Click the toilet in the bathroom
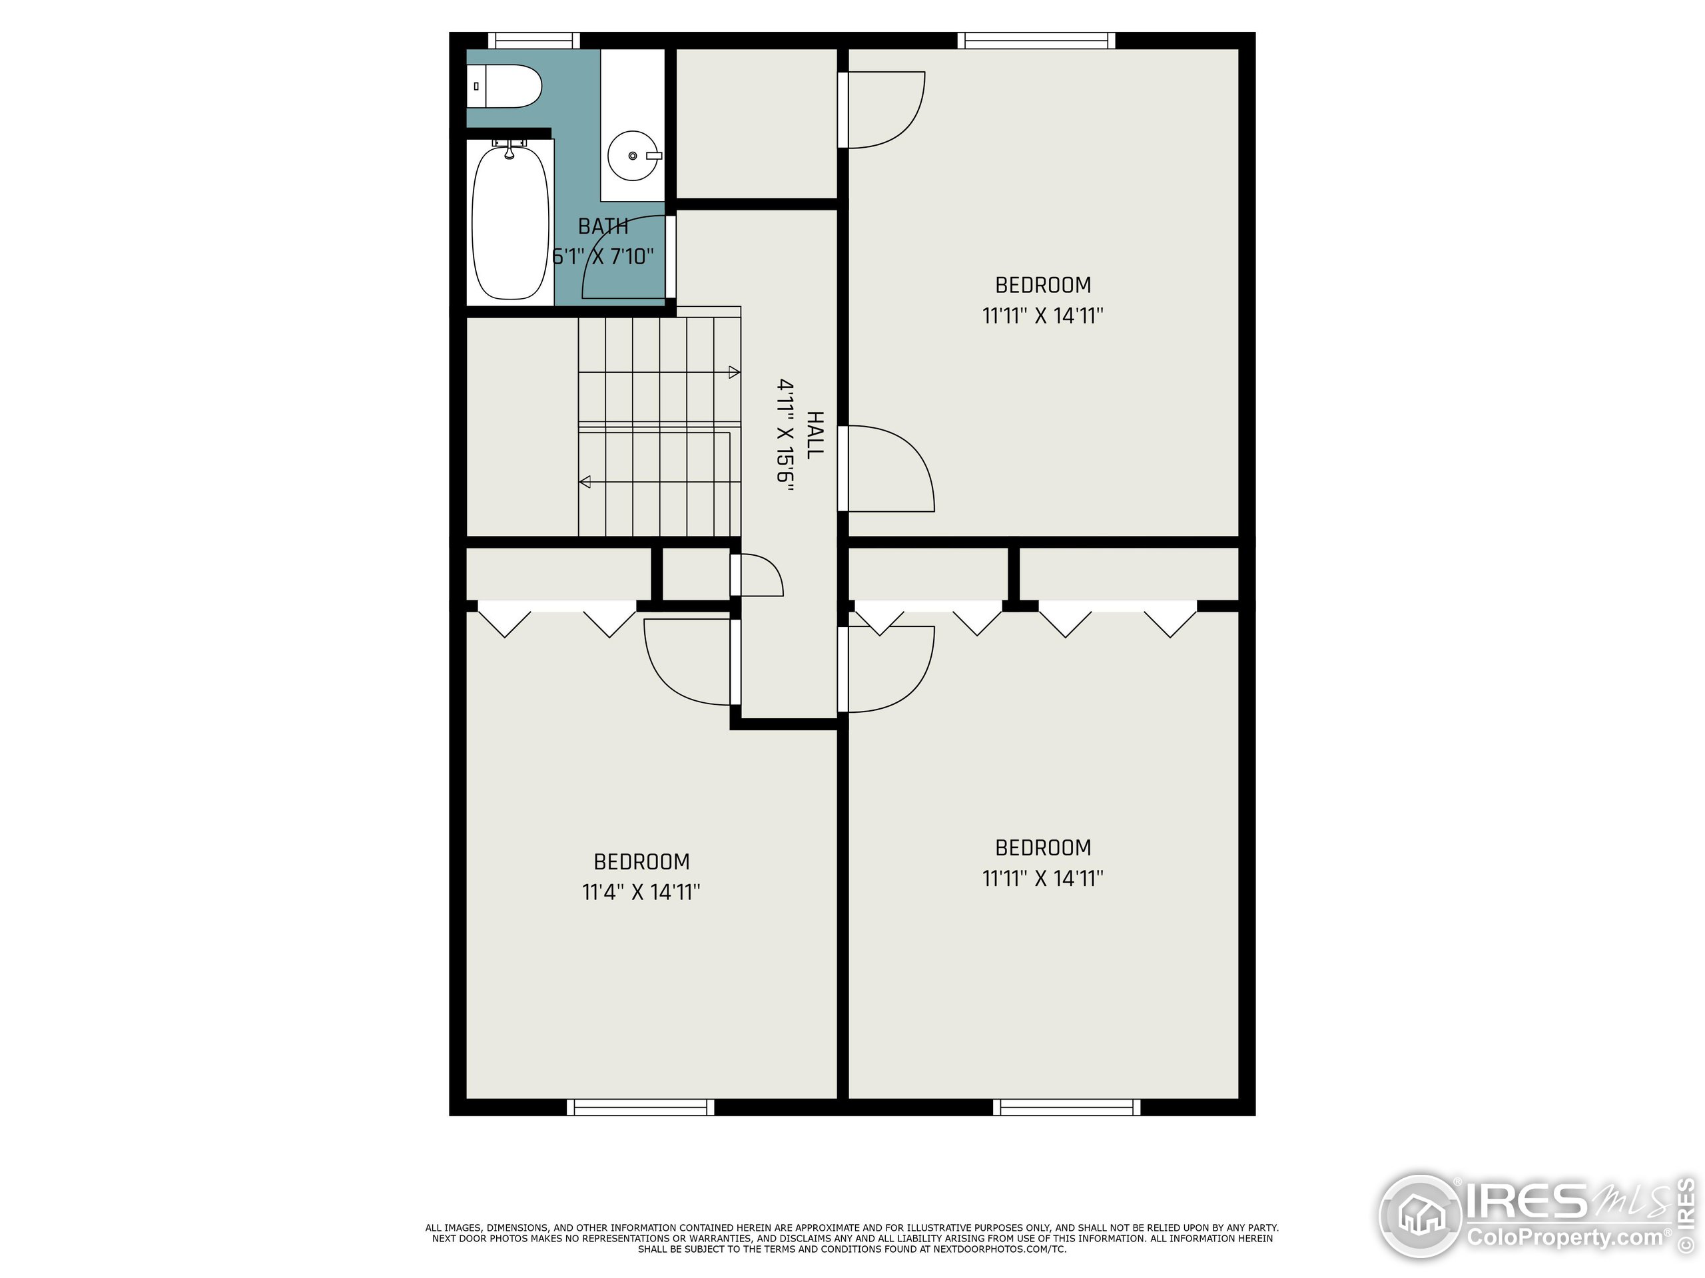point(506,87)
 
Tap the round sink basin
point(632,156)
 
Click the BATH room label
point(603,226)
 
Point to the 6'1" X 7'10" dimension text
point(603,256)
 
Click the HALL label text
point(814,435)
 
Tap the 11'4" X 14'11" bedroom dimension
point(641,892)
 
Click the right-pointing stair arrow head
point(734,373)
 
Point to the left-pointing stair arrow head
point(585,482)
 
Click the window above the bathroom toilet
point(533,40)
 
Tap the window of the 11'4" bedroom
point(640,1108)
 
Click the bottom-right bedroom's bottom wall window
point(1066,1108)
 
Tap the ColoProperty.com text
point(1564,1238)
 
